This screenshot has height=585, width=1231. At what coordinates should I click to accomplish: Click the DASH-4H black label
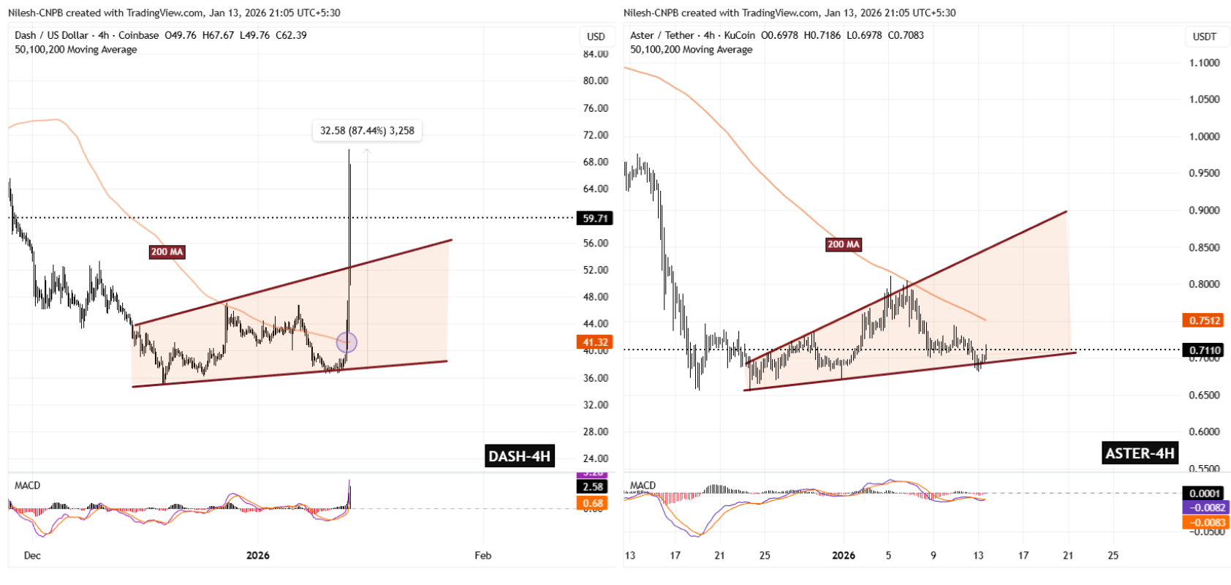(x=519, y=456)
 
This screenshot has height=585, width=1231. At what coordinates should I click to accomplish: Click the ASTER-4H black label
(x=1140, y=453)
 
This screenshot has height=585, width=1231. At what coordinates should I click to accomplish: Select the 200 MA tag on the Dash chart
(x=167, y=252)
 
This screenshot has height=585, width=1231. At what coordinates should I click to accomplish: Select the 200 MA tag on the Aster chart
(x=844, y=244)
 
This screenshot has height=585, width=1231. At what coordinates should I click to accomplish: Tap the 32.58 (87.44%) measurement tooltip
(x=367, y=131)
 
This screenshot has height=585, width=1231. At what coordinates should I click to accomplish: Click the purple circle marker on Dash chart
(x=346, y=341)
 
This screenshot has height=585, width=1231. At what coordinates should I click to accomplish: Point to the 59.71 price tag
(x=595, y=218)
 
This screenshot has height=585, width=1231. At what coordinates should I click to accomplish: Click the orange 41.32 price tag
(x=595, y=342)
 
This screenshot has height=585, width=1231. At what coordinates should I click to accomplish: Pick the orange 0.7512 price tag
(x=1204, y=320)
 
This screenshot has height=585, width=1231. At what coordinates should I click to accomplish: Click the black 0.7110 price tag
(x=1204, y=350)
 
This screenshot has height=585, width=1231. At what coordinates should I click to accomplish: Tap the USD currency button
(x=596, y=37)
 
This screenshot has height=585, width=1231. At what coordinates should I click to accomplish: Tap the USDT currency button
(x=1204, y=37)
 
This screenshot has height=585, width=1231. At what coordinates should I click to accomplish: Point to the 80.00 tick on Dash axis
(x=596, y=80)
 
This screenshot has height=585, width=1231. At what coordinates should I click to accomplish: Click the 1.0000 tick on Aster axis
(x=1204, y=137)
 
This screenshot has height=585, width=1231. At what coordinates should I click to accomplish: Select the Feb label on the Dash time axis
(x=482, y=555)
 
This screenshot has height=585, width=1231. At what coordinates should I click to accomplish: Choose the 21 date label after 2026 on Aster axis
(x=1068, y=555)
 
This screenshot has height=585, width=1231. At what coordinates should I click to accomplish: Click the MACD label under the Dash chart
(x=27, y=486)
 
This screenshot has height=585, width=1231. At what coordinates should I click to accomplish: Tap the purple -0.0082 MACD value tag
(x=1204, y=507)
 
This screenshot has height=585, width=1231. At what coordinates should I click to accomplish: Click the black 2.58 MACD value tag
(x=593, y=487)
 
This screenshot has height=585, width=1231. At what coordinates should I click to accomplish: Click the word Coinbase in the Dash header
(x=138, y=35)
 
